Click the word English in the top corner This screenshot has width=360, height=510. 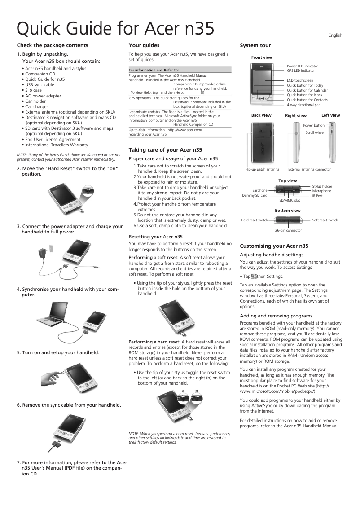click(335, 35)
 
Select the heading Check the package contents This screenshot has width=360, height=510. click(52, 45)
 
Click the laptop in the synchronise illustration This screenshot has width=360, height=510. click(50, 315)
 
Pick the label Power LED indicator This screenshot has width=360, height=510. click(302, 66)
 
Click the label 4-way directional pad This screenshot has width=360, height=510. click(303, 105)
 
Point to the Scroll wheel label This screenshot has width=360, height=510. click(315, 133)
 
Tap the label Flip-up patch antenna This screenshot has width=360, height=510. click(262, 170)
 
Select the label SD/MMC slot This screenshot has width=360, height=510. click(289, 200)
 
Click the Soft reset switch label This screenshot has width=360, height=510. click(325, 220)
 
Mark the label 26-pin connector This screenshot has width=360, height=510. click(288, 230)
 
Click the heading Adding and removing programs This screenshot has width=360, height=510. click(276, 316)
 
